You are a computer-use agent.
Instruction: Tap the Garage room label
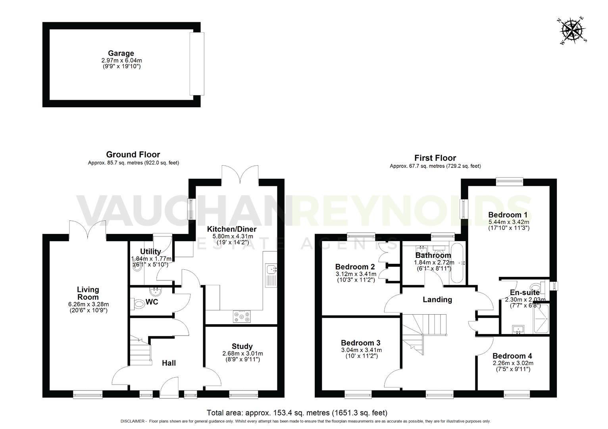point(121,53)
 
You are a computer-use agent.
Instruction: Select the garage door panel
point(196,64)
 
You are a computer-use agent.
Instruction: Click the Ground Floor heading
point(133,155)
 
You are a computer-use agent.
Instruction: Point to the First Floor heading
point(435,158)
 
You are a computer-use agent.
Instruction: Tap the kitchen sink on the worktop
point(272,270)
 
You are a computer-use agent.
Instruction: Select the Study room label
point(242,346)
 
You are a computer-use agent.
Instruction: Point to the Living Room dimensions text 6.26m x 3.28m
point(88,304)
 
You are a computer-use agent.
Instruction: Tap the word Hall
point(169,363)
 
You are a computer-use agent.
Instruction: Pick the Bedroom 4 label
point(512,356)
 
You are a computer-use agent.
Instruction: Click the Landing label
point(437,300)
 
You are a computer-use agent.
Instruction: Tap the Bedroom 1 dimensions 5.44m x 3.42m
point(508,222)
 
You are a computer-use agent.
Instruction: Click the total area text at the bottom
point(297,413)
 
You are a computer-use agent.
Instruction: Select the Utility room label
point(150,251)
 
